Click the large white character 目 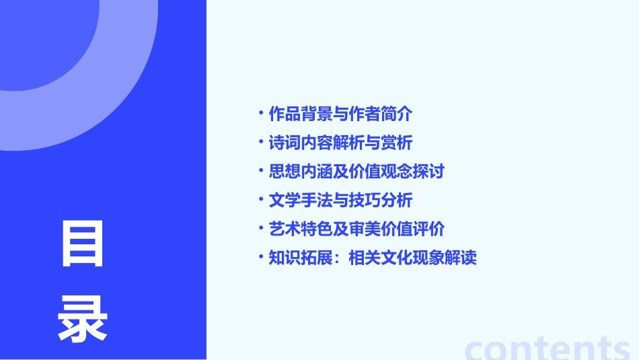click(x=83, y=244)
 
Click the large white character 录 click(x=83, y=318)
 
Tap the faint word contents click(x=548, y=348)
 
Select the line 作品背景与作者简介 click(x=340, y=114)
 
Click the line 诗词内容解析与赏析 click(x=340, y=143)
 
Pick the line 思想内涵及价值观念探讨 click(x=356, y=172)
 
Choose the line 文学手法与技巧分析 click(x=340, y=201)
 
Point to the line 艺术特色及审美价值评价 click(x=356, y=229)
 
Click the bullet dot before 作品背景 click(x=261, y=114)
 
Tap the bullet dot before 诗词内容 click(x=261, y=143)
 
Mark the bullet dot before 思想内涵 click(x=261, y=172)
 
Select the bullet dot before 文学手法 click(x=261, y=201)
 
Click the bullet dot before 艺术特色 click(x=261, y=229)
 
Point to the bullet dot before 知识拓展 click(x=261, y=258)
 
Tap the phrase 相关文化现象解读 click(x=412, y=258)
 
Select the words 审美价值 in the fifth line click(x=381, y=229)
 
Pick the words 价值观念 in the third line click(x=381, y=172)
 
